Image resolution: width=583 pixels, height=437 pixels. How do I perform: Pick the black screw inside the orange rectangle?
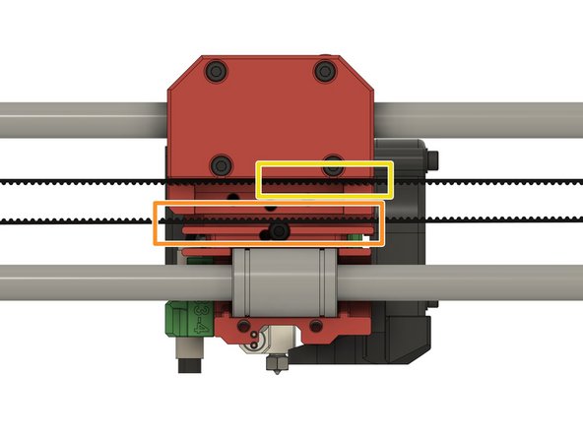click(x=281, y=231)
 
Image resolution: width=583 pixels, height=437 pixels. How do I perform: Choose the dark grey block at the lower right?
click(x=399, y=335)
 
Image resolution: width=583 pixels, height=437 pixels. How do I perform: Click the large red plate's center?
click(x=271, y=113)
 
